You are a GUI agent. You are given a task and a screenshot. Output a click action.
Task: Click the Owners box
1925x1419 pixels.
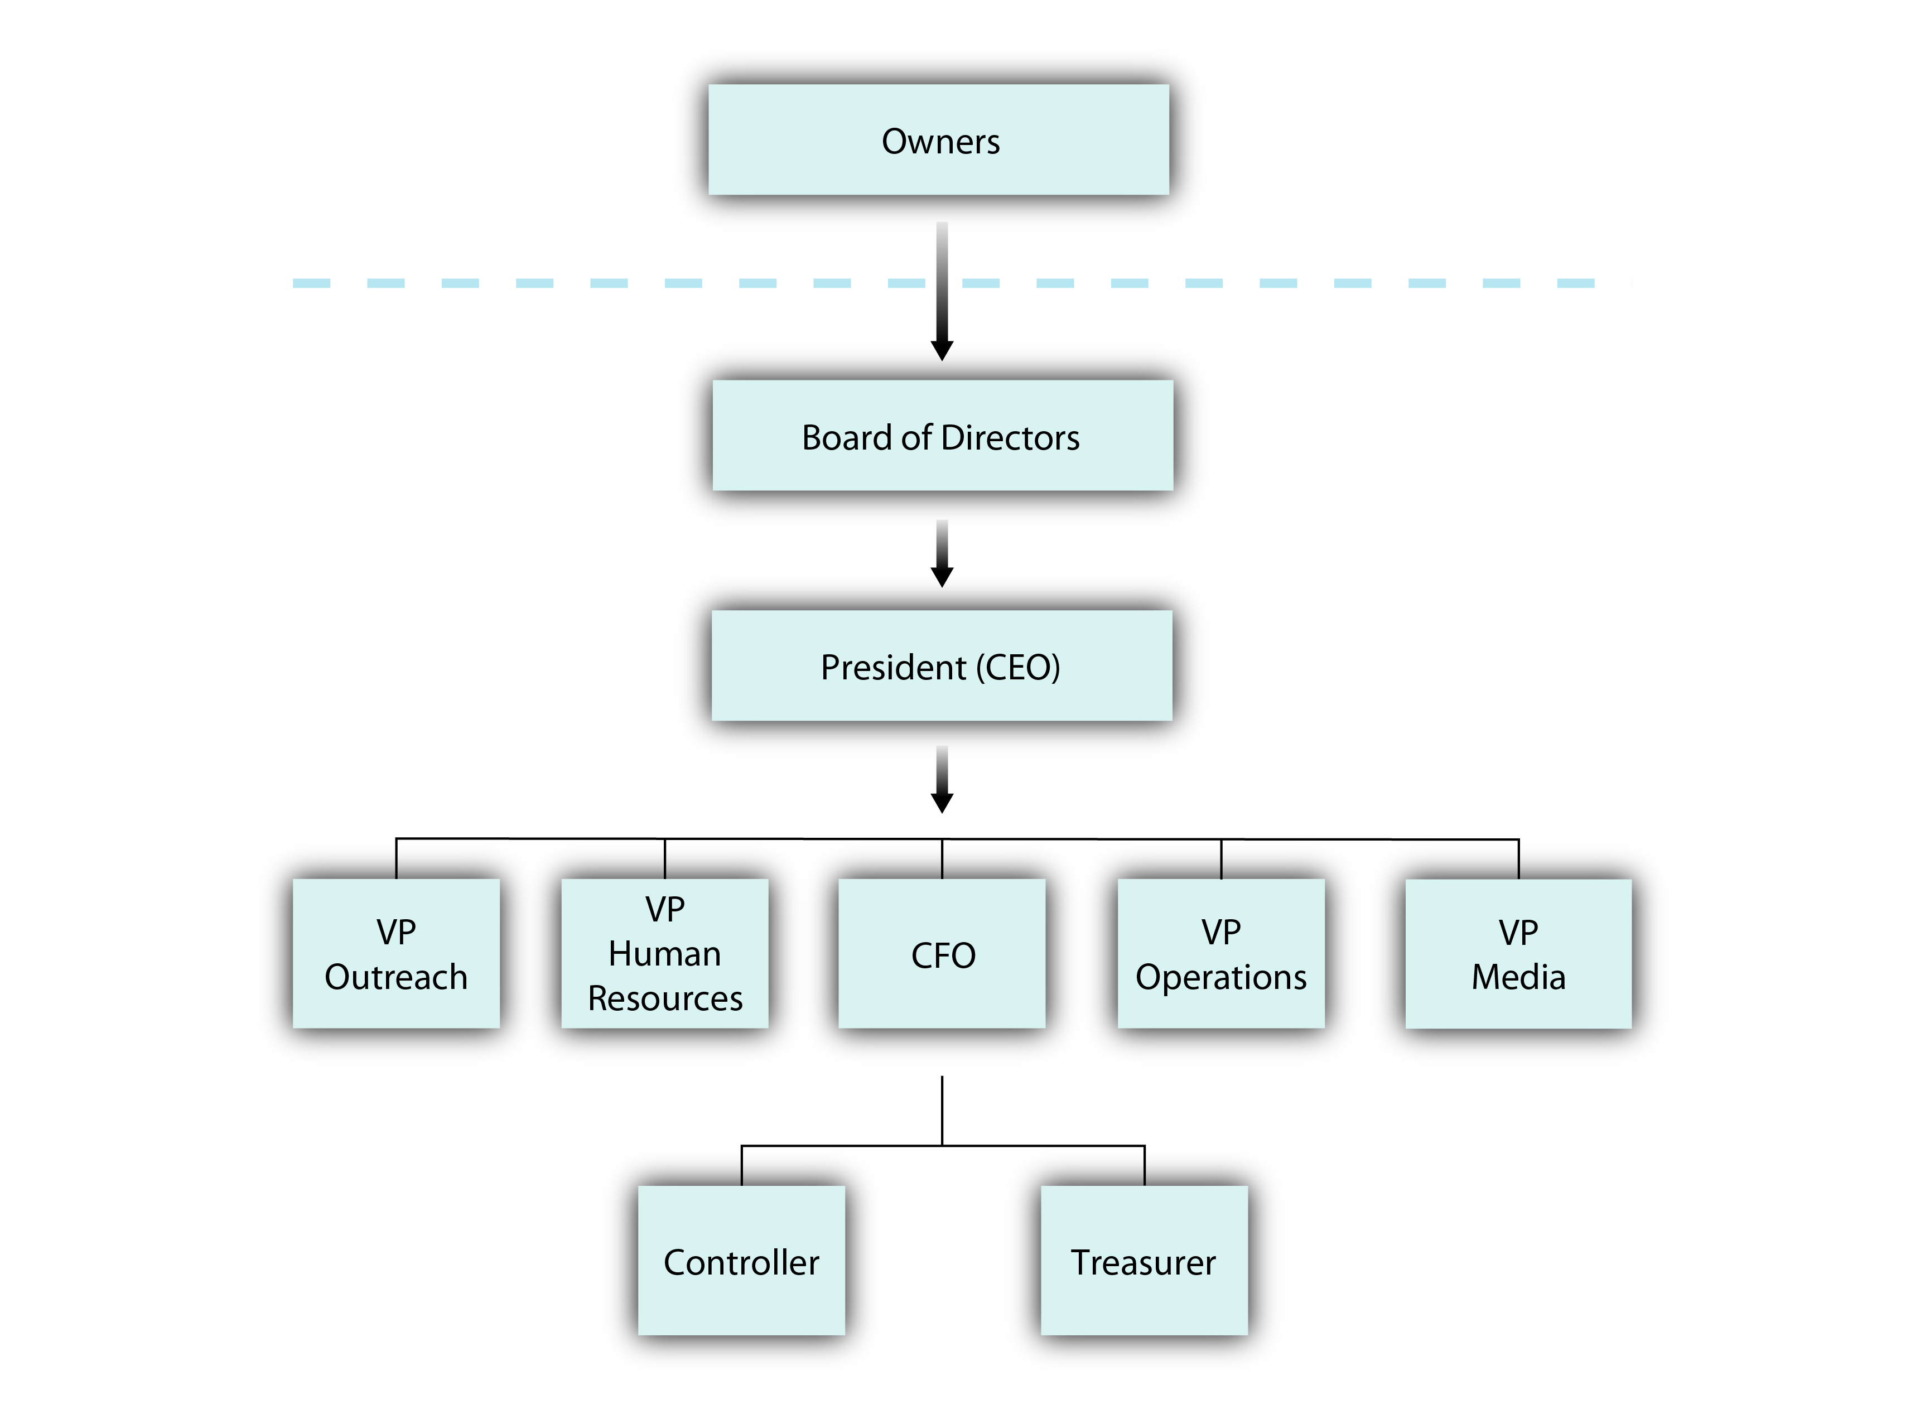[x=938, y=139]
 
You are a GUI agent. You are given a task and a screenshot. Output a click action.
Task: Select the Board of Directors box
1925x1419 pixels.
[x=942, y=436]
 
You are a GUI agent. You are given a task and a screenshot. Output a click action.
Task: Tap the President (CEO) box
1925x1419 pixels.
[x=942, y=665]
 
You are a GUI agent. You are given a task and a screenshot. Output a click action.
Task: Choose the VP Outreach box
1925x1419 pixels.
[x=396, y=953]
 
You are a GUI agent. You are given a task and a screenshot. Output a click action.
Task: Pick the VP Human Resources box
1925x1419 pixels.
[x=665, y=953]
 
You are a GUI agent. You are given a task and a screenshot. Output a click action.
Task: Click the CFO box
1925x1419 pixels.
[x=942, y=953]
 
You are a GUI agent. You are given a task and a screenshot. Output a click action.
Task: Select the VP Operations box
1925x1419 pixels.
[x=1220, y=953]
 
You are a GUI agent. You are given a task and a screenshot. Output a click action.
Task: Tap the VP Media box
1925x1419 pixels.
[x=1518, y=953]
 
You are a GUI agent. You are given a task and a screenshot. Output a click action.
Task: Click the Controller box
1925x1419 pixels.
[x=741, y=1260]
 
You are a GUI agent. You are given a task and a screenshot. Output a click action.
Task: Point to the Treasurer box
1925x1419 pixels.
[x=1144, y=1260]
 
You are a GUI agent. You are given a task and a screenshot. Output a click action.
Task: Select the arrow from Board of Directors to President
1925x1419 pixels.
[x=942, y=553]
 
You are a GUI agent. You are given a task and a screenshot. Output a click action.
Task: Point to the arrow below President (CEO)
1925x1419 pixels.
[x=942, y=779]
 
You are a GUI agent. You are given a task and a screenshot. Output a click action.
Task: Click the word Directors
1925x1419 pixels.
[x=1010, y=438]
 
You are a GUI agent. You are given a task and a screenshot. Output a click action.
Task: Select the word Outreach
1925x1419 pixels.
[x=396, y=977]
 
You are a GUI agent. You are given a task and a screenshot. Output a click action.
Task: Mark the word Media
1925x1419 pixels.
[x=1518, y=977]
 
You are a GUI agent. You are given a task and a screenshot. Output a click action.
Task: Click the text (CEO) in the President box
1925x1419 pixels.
[x=1018, y=668]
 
